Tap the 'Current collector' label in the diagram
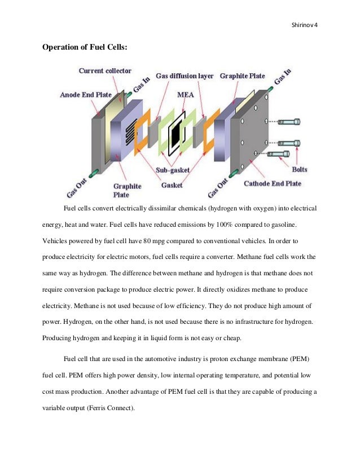click(x=105, y=71)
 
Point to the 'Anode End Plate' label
click(x=86, y=95)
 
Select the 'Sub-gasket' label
click(x=173, y=169)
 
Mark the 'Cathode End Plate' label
click(x=273, y=183)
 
